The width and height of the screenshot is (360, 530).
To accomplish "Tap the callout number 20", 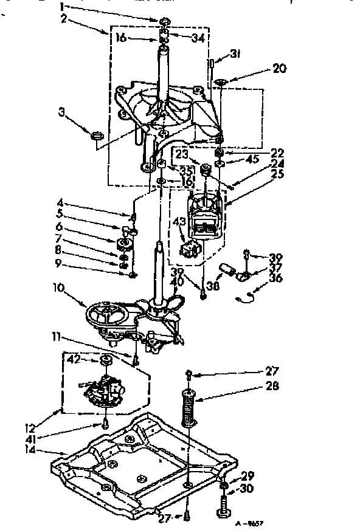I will pyautogui.click(x=279, y=68).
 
